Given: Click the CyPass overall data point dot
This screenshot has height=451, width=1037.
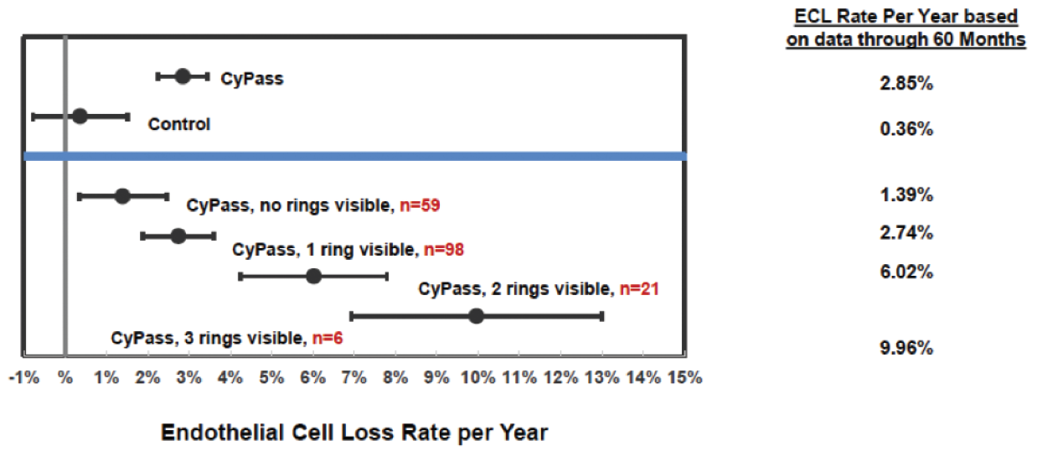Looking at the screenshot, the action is click(x=183, y=76).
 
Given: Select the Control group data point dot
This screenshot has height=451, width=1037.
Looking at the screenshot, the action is click(x=80, y=117).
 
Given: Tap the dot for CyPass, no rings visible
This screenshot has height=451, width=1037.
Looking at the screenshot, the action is click(x=122, y=196).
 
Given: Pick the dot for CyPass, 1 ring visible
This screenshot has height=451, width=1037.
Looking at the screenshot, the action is click(x=178, y=236).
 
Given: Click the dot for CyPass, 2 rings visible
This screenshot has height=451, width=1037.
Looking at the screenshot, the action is click(x=313, y=277).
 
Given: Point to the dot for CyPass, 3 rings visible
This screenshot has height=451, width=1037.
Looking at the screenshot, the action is click(x=476, y=316).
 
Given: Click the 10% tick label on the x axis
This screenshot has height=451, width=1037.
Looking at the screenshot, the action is click(x=477, y=378).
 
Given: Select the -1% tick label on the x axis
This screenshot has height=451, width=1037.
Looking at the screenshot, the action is click(x=24, y=378).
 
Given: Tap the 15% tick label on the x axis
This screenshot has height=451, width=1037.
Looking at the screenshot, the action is click(x=684, y=378).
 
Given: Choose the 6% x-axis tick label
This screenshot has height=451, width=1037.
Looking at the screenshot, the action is click(x=313, y=378).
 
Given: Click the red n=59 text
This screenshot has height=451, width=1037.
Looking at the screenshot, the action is click(x=420, y=205).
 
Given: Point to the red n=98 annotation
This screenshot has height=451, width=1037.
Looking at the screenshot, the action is click(x=444, y=250).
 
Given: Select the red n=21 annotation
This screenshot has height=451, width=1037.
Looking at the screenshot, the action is click(x=639, y=289).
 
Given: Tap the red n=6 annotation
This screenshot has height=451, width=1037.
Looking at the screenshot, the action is click(x=328, y=339).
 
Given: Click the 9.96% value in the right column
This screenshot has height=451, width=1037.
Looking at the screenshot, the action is click(x=906, y=348).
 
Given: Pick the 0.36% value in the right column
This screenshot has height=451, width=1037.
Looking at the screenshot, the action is click(x=906, y=129).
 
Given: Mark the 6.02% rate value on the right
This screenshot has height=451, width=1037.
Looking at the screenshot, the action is click(x=906, y=272).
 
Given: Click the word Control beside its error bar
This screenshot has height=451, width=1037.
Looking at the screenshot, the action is click(x=179, y=124).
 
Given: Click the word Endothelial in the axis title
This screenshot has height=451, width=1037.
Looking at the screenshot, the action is click(x=223, y=433).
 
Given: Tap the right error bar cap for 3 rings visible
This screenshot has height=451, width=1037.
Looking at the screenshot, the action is click(x=601, y=317).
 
